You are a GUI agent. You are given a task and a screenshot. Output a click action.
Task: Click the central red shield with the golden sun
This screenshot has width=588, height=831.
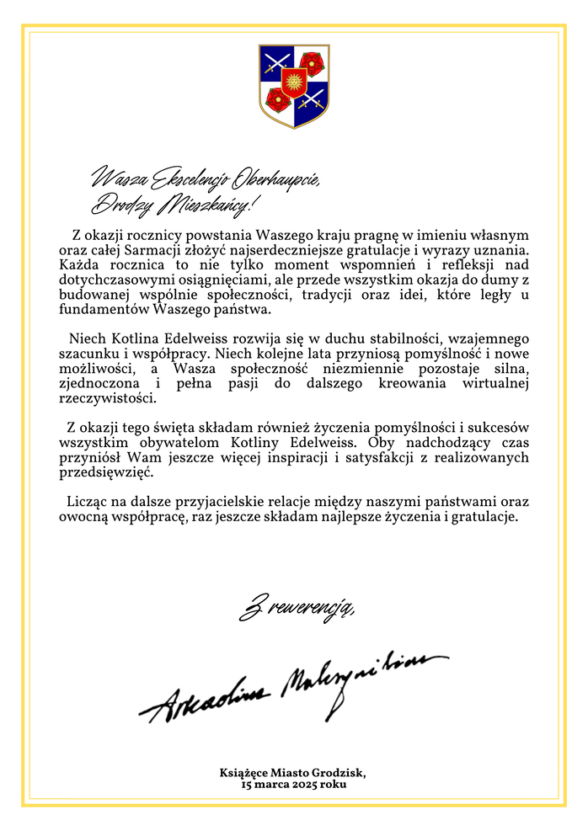pyautogui.click(x=293, y=83)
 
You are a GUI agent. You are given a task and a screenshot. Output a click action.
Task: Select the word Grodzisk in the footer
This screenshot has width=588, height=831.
pyautogui.click(x=338, y=771)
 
